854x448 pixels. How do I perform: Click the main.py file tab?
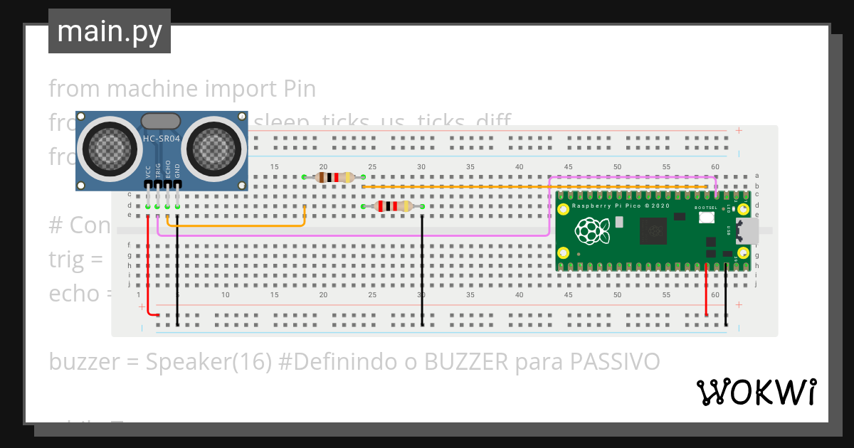pos(109,31)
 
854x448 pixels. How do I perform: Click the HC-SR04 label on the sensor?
pos(162,139)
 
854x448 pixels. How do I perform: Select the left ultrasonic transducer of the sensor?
pos(108,149)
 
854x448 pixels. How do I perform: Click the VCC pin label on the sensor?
pos(148,171)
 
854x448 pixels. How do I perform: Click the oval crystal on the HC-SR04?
pos(161,121)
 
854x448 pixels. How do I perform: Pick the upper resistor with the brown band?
pos(334,177)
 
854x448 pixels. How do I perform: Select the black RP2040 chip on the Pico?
pos(653,230)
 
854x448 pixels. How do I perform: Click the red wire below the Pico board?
pos(706,292)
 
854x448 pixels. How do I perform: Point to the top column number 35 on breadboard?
pos(470,167)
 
